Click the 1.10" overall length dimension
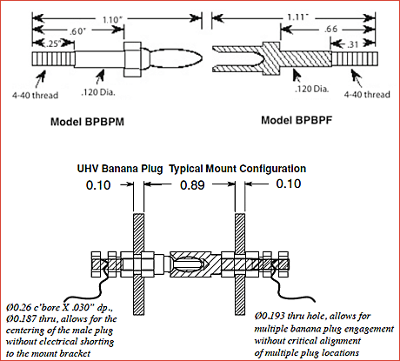(109, 18)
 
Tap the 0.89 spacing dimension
(185, 185)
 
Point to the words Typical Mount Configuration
(237, 168)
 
